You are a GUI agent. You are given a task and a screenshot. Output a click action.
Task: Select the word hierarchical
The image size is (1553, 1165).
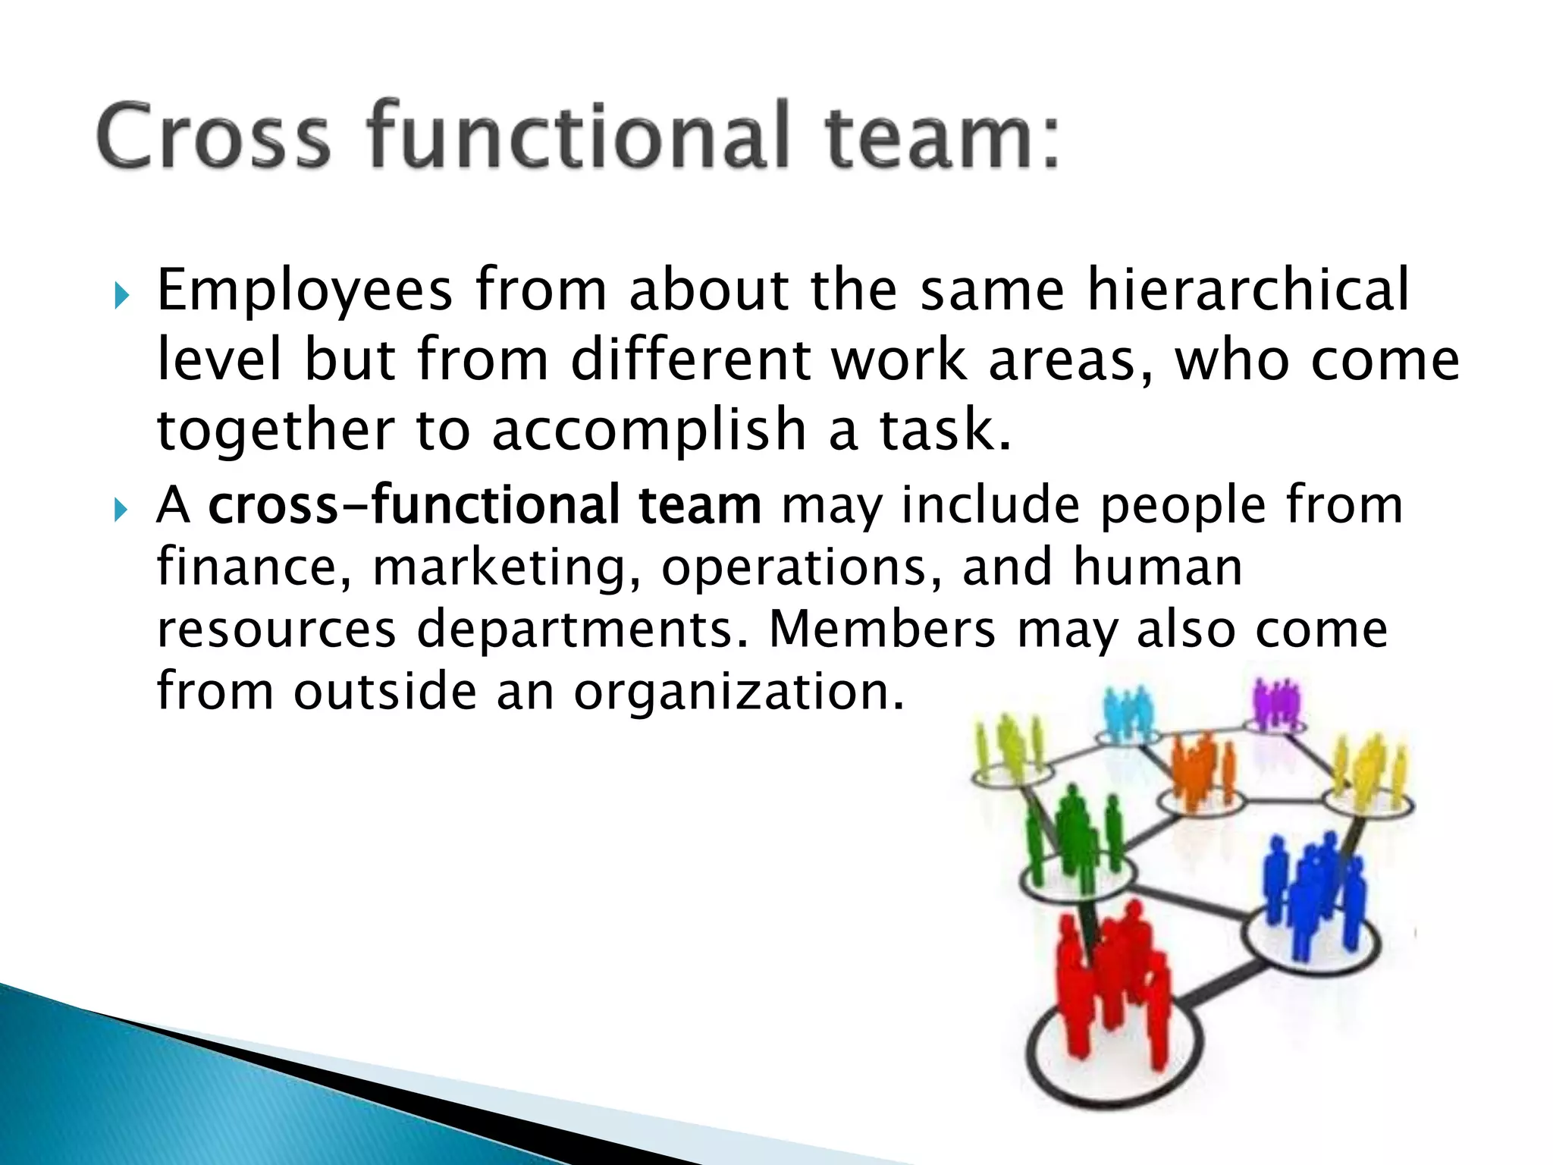click(x=1247, y=290)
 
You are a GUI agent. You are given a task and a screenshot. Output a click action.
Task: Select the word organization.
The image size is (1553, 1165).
click(x=739, y=692)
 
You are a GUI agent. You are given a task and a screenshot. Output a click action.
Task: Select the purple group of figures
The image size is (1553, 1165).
click(x=1277, y=705)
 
